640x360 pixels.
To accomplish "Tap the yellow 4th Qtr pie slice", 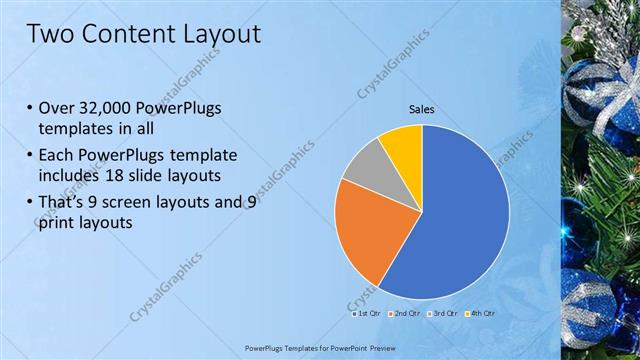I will (403, 143).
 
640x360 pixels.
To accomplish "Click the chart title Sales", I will (421, 109).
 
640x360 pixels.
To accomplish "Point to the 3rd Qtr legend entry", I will (444, 313).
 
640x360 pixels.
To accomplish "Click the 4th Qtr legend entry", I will (481, 313).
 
